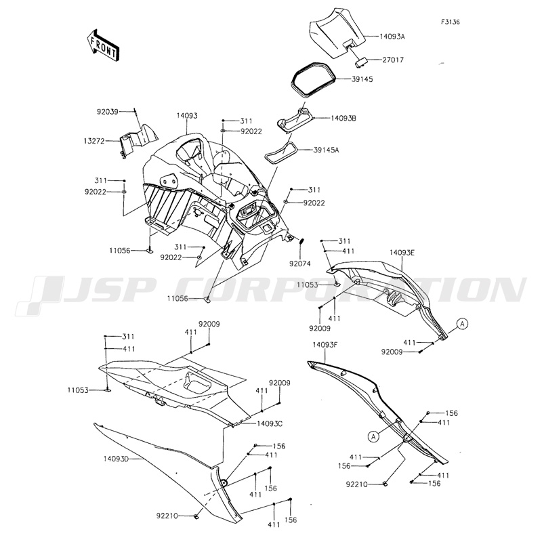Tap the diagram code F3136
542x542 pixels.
[450, 22]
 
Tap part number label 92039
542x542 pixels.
[107, 112]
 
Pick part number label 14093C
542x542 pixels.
[269, 423]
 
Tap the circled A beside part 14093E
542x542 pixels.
[461, 324]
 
